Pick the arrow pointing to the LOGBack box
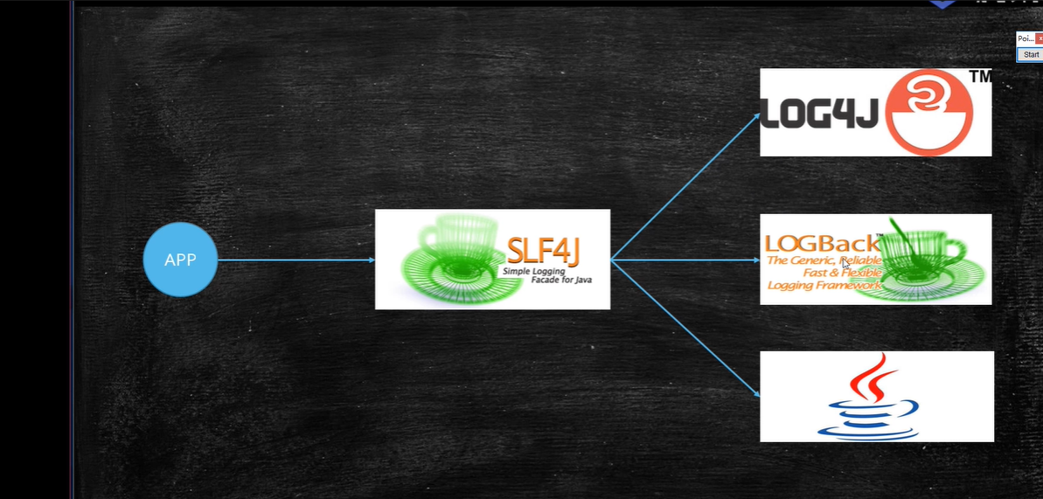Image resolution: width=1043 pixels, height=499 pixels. (x=685, y=260)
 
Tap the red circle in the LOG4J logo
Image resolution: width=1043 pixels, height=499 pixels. (x=929, y=112)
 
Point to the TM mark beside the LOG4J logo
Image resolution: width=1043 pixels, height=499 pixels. (x=981, y=77)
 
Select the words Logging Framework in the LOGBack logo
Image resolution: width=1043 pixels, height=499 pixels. (x=824, y=285)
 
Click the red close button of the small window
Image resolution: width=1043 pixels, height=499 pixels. (x=1040, y=39)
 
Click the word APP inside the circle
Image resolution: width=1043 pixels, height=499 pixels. (x=180, y=260)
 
